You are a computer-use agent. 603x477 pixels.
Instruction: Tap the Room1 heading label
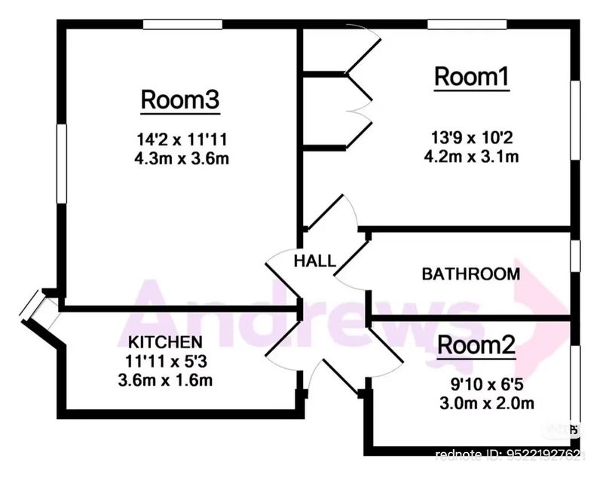click(472, 77)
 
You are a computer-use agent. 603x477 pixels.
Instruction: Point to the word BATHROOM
click(470, 274)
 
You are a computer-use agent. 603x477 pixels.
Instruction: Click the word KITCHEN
click(165, 341)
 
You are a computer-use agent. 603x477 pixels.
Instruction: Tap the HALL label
click(314, 261)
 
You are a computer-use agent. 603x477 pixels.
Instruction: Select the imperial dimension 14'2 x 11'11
click(181, 139)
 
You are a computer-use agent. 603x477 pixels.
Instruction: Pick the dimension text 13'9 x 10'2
click(473, 138)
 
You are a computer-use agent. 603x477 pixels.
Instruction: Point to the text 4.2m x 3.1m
click(473, 157)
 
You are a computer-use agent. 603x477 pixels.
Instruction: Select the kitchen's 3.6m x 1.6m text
click(165, 380)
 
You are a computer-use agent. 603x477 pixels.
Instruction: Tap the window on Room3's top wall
click(182, 24)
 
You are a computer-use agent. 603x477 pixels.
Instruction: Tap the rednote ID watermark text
click(510, 454)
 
